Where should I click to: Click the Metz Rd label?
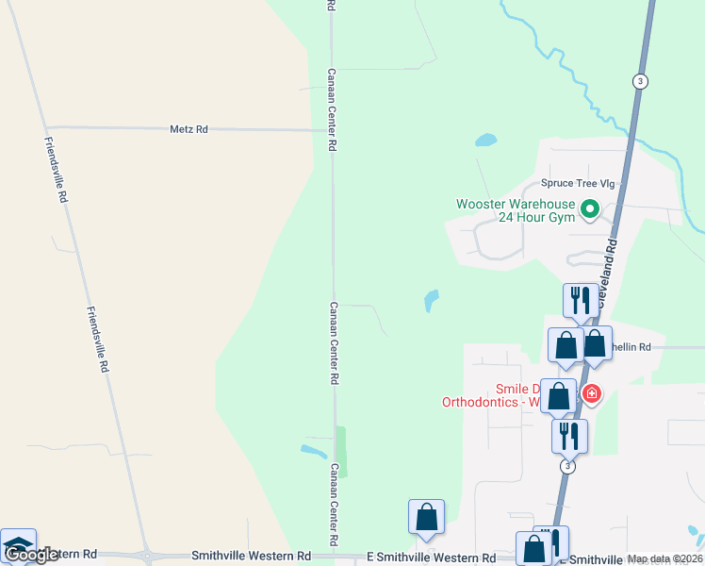coord(189,128)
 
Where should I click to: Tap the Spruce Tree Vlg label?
coord(577,184)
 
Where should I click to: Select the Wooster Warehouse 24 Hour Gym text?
coord(515,210)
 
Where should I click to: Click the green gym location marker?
coord(590,208)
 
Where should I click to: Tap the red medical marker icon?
coord(591,392)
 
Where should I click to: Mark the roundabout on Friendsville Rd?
coord(147,557)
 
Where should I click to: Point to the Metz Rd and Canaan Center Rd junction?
coord(332,130)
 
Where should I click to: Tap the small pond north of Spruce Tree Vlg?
coord(485,141)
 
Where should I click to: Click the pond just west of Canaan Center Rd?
coord(313,451)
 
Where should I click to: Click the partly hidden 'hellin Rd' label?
coord(631,347)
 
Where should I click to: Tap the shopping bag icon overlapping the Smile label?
coord(558,396)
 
